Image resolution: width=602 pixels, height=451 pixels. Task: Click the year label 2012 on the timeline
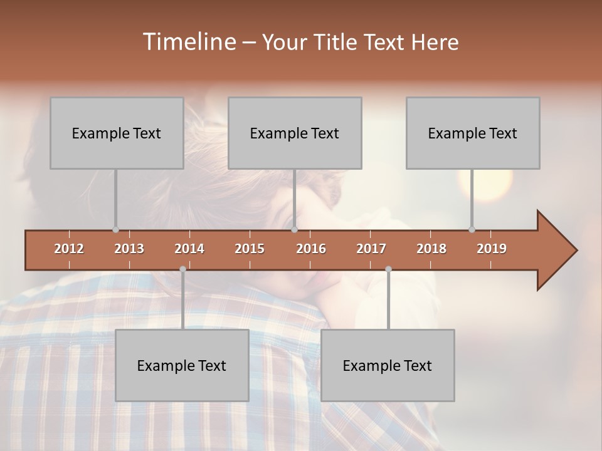pos(69,249)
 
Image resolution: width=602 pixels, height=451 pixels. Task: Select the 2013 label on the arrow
pos(129,249)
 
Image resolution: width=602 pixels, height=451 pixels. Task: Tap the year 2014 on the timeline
pos(189,249)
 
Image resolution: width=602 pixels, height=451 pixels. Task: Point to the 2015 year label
pos(250,249)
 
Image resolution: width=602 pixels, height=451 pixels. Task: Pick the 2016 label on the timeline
pos(311,249)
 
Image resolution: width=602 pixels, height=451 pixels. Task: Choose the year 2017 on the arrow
pos(371,249)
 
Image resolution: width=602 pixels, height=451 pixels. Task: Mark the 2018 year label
pos(431,249)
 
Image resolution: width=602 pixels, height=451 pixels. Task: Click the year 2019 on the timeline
pos(492,249)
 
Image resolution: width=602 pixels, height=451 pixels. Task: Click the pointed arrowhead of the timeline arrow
pos(558,251)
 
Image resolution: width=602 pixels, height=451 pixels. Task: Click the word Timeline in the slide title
pos(188,42)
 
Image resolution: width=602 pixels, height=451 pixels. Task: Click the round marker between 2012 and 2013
pos(115,229)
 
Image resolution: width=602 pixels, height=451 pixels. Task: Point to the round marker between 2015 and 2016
pos(294,229)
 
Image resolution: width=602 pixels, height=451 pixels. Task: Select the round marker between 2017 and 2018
pos(388,269)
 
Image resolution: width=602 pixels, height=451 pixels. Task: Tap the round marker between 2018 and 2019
pos(472,229)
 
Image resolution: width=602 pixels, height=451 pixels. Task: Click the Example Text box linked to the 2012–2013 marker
pos(117,133)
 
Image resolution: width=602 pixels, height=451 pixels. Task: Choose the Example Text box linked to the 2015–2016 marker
pos(295,133)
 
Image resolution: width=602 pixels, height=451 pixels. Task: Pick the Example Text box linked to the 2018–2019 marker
pos(473,133)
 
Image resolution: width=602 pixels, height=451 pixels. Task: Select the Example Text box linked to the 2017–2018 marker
pos(388,365)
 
